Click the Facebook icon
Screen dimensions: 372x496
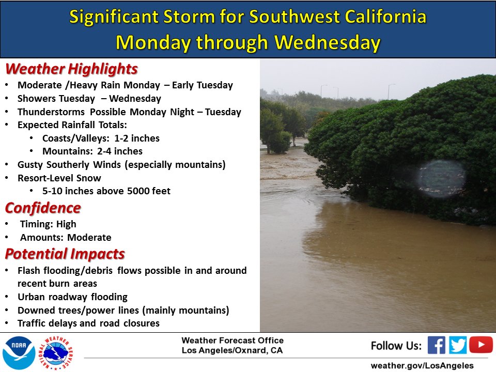pyautogui.click(x=436, y=345)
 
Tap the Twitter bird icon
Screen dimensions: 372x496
pyautogui.click(x=458, y=345)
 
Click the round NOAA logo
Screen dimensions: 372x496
pyautogui.click(x=19, y=353)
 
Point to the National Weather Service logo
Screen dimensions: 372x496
pyautogui.click(x=58, y=353)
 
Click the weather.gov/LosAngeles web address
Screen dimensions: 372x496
pyautogui.click(x=422, y=365)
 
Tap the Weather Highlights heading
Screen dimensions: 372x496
pyautogui.click(x=71, y=69)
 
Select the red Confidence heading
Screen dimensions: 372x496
pyautogui.click(x=43, y=208)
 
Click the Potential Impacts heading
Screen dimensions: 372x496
pyautogui.click(x=65, y=254)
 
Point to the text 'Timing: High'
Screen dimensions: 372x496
pyautogui.click(x=48, y=224)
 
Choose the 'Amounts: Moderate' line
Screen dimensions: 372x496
pyautogui.click(x=66, y=238)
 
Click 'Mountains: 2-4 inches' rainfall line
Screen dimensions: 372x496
pyautogui.click(x=92, y=151)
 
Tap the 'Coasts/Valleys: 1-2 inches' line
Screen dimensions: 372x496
pyautogui.click(x=101, y=138)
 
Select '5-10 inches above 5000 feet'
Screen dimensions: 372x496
pyautogui.click(x=106, y=191)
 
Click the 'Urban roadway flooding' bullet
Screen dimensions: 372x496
pyautogui.click(x=72, y=297)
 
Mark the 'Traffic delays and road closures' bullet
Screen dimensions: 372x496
pyautogui.click(x=88, y=323)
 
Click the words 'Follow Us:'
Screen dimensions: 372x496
pyautogui.click(x=396, y=345)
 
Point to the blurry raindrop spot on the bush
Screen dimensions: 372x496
pyautogui.click(x=440, y=178)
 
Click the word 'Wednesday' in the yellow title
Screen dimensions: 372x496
pyautogui.click(x=328, y=42)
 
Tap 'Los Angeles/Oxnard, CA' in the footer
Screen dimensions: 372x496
pyautogui.click(x=233, y=350)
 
